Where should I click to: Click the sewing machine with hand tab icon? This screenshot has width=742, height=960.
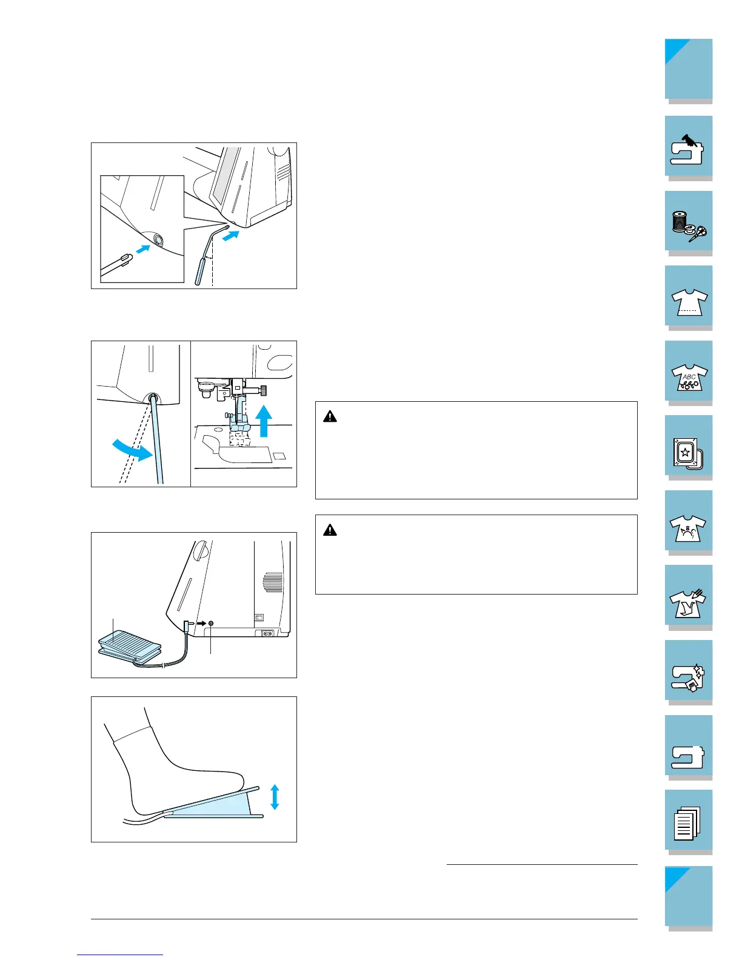[x=688, y=148]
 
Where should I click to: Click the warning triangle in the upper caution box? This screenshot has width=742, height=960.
[x=330, y=416]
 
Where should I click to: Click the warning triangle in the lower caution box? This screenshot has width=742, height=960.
[x=330, y=530]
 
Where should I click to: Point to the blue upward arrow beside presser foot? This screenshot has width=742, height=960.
[x=264, y=421]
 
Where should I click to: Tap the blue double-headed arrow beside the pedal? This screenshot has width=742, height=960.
[x=275, y=796]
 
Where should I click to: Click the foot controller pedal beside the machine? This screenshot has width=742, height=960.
[x=129, y=644]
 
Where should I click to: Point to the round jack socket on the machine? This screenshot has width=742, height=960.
[x=210, y=624]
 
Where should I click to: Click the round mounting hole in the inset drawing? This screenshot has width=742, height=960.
[x=158, y=240]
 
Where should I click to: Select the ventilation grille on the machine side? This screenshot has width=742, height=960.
[x=273, y=582]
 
